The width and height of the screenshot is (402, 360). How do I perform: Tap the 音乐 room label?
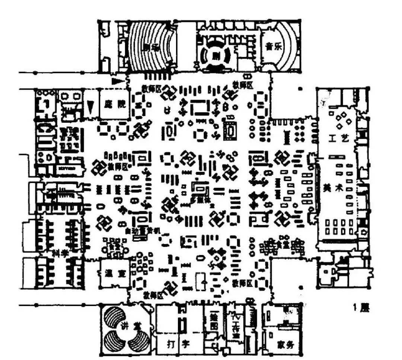pos(274,47)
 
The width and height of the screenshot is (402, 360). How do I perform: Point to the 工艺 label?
pos(339,139)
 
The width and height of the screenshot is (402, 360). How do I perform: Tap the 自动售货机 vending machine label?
pos(142,231)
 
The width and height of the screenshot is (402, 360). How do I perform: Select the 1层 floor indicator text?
pos(361,308)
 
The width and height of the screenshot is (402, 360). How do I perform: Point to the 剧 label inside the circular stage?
pos(214,56)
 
